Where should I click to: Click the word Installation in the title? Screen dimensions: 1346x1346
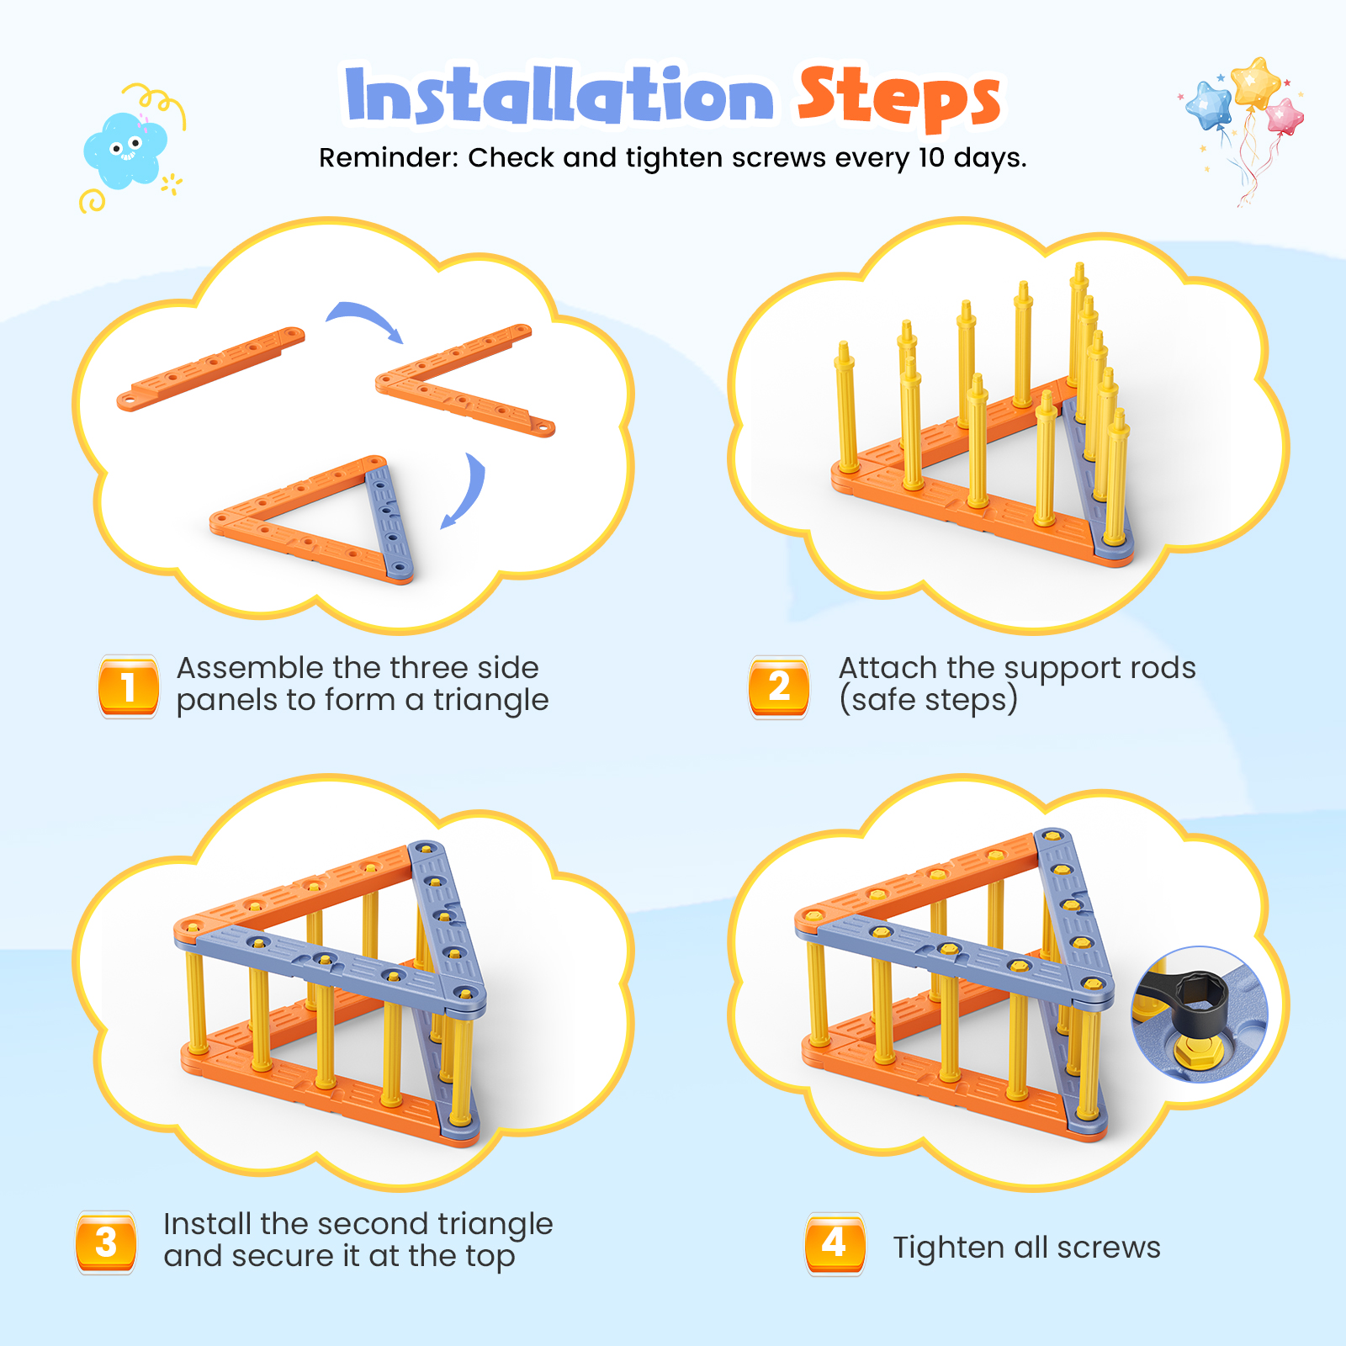pyautogui.click(x=559, y=94)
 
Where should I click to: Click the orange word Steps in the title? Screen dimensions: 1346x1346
pyautogui.click(x=899, y=97)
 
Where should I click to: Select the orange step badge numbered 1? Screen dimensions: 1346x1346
pyautogui.click(x=129, y=686)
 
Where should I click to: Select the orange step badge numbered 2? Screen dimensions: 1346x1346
pyautogui.click(x=779, y=686)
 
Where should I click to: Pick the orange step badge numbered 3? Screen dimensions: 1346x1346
pyautogui.click(x=106, y=1243)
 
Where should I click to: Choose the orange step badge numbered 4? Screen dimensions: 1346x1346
pyautogui.click(x=835, y=1243)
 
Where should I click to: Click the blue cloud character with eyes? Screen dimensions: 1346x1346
pyautogui.click(x=125, y=150)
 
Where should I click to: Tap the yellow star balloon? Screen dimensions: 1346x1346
pyautogui.click(x=1255, y=82)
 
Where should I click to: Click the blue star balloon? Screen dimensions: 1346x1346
pyautogui.click(x=1211, y=104)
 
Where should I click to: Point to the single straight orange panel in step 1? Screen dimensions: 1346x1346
pyautogui.click(x=210, y=368)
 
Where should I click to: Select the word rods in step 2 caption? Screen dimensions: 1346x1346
pyautogui.click(x=1163, y=668)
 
